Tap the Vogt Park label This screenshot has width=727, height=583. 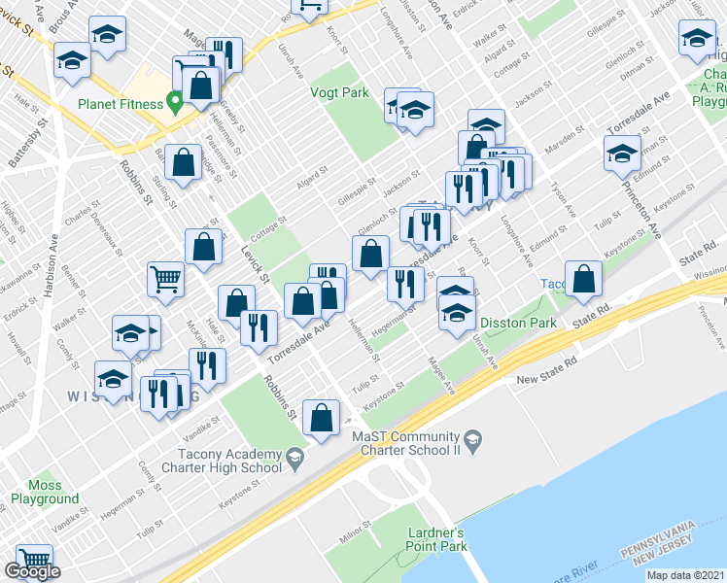click(339, 92)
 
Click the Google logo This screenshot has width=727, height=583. click(32, 571)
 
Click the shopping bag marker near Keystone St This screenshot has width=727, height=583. click(321, 419)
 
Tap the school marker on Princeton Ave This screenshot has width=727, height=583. click(622, 154)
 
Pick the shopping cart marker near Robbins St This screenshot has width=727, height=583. click(166, 280)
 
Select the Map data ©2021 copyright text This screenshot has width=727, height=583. click(685, 575)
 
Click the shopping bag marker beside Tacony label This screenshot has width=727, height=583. click(583, 279)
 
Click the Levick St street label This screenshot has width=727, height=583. click(256, 263)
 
